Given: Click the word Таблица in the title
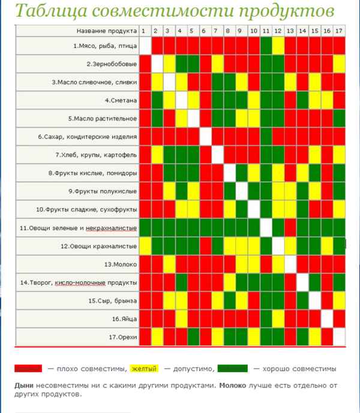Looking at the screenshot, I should pos(46,11).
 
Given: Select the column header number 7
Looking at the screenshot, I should pos(216,31).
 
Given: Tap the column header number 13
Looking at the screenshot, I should pos(290,31).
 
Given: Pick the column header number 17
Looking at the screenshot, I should pos(339,31).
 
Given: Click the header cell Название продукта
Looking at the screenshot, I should pos(107,31).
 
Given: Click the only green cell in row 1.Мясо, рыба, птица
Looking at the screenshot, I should pos(265,46).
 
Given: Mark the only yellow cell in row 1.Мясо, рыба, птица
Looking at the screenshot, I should pos(277,46).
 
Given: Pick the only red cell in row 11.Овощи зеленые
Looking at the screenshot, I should pos(290,228).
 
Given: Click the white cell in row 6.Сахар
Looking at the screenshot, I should pos(204,137).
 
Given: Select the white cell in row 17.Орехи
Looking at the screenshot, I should pos(339,337).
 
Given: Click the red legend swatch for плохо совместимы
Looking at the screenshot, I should pos(28,368).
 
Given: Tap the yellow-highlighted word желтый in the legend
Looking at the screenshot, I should pos(144,368).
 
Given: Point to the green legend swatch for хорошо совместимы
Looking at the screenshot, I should pos(233,368).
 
